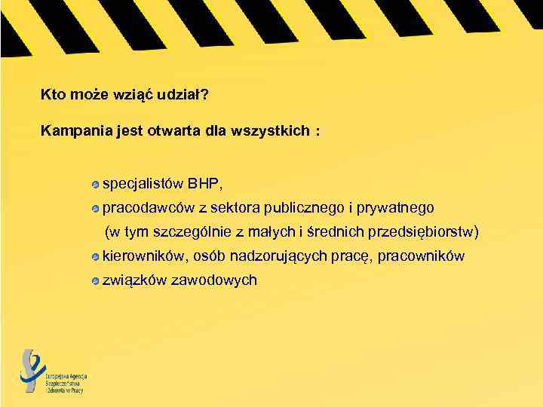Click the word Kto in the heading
(x=51, y=96)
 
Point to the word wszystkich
(x=272, y=131)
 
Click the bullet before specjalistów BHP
(x=95, y=184)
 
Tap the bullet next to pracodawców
(x=95, y=208)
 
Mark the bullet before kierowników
(x=95, y=257)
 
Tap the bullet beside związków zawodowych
(x=95, y=281)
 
